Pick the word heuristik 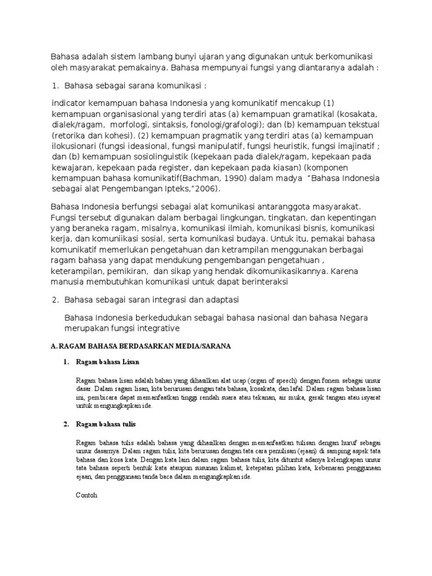click(274, 147)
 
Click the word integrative click(158, 328)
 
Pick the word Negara click(354, 317)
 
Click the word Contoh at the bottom click(86, 496)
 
